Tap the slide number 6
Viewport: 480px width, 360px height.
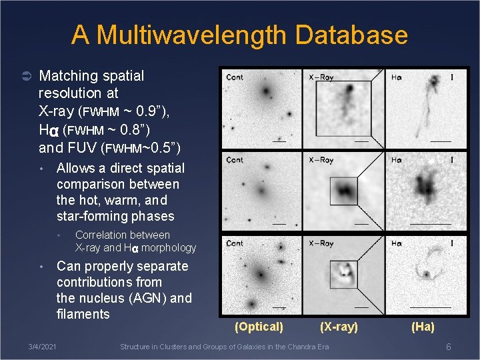(x=449, y=347)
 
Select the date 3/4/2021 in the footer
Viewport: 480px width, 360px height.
(x=42, y=347)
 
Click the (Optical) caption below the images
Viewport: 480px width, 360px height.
(x=259, y=327)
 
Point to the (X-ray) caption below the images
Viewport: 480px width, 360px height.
(x=339, y=327)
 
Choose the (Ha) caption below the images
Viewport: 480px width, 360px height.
(x=423, y=327)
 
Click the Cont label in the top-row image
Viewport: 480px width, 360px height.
(x=235, y=77)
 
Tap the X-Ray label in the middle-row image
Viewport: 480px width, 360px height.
(x=321, y=160)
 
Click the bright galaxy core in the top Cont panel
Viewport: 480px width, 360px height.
(x=266, y=90)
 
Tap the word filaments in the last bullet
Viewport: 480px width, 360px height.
(x=83, y=314)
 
